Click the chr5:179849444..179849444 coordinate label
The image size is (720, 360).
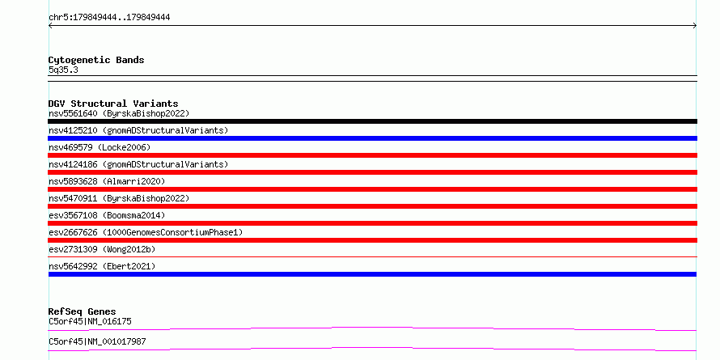click(109, 18)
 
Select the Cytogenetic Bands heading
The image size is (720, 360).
click(96, 60)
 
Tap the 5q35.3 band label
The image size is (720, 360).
click(63, 70)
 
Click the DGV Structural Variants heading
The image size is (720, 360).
click(113, 104)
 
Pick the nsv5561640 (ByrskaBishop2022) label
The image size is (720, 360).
click(119, 113)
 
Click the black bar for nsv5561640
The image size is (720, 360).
click(372, 121)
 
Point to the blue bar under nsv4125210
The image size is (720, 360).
click(372, 138)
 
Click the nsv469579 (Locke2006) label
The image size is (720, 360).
click(100, 147)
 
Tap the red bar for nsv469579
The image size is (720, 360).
click(372, 155)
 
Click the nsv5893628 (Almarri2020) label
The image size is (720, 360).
click(107, 181)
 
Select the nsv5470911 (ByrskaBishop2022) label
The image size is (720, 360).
click(119, 198)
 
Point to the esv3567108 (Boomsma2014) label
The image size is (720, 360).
click(107, 215)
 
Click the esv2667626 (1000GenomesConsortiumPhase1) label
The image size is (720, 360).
click(146, 232)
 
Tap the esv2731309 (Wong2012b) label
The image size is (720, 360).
click(102, 249)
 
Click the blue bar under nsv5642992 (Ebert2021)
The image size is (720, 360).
click(372, 274)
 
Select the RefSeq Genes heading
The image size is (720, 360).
click(83, 311)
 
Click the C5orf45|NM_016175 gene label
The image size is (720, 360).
click(90, 321)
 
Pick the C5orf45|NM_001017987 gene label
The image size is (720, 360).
click(97, 342)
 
